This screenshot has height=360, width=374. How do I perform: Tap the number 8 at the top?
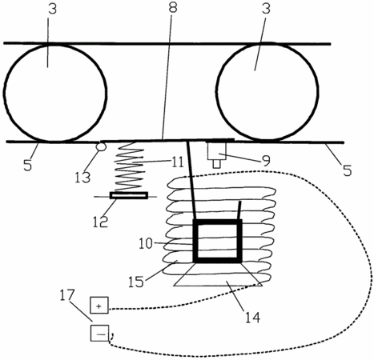point(173,8)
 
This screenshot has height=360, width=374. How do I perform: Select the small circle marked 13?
point(102,146)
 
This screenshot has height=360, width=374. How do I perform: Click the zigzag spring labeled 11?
point(130,166)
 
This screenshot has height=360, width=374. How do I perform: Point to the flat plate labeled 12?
point(129,195)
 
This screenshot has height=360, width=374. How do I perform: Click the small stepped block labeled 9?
point(217,154)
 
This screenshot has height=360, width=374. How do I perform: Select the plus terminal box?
point(99,305)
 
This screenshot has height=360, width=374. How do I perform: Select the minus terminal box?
point(99,333)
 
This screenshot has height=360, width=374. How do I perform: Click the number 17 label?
point(66,296)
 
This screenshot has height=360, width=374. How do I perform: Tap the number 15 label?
point(136,282)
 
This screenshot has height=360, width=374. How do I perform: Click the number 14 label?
point(252,318)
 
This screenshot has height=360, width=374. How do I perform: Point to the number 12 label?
point(100,222)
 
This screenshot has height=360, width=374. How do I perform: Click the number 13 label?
point(82,177)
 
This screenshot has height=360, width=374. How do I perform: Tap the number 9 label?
point(266,161)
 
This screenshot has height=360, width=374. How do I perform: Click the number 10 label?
point(146,243)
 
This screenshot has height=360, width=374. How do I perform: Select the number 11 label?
point(177,162)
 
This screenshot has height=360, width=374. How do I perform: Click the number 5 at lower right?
point(347,170)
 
